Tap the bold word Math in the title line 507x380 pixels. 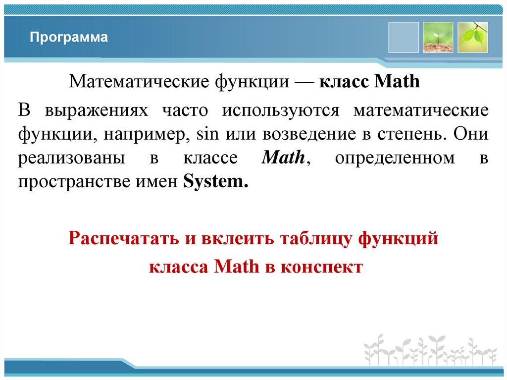point(397,81)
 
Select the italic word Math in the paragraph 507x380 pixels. point(283,158)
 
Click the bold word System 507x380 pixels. point(215,182)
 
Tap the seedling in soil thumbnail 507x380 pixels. point(438,37)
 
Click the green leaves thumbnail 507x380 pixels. point(472,37)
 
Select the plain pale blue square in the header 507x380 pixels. point(403,37)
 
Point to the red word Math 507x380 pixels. point(236,267)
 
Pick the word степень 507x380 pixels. point(413,134)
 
